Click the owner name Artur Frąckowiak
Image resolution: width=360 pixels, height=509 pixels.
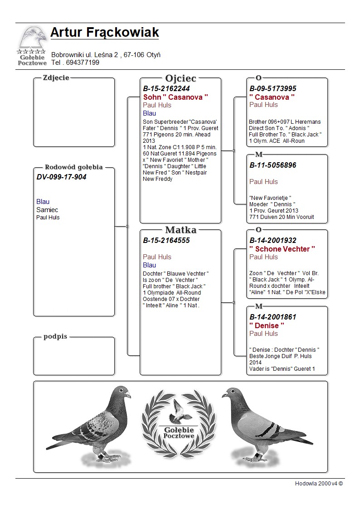coord(105,33)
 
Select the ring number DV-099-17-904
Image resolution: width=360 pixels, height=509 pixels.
coord(61,177)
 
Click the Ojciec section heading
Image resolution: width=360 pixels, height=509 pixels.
coord(180,78)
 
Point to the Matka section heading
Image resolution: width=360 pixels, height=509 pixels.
coord(180,230)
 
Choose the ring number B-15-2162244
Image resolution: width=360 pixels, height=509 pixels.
coord(166,88)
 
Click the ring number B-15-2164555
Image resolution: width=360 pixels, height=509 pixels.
coord(166,240)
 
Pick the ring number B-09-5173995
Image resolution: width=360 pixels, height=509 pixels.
coord(273,88)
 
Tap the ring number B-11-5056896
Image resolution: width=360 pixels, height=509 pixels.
coord(273,165)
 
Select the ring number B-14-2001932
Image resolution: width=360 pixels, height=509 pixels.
coord(273,240)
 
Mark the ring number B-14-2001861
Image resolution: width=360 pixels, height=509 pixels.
coord(273,317)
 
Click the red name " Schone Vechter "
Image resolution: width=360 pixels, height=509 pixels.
coord(282,249)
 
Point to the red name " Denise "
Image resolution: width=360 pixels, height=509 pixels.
coord(267,325)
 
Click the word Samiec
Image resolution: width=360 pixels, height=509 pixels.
coord(47,210)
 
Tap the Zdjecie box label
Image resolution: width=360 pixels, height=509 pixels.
coord(56,78)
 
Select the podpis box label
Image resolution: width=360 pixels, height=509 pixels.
coord(55,336)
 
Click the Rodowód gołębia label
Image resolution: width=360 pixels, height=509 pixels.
coord(74,167)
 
